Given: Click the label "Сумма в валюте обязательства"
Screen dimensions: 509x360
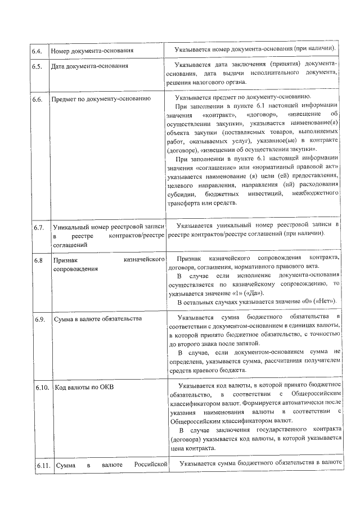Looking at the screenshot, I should point(97,320).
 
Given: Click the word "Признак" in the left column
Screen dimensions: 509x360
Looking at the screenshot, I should point(67,260).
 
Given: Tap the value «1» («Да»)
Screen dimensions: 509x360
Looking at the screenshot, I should point(247,293).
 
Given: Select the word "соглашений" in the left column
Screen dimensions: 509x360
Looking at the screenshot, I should point(70,245).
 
